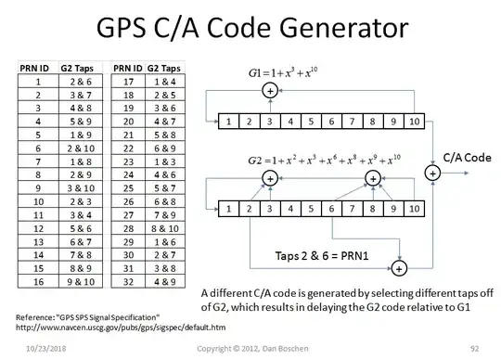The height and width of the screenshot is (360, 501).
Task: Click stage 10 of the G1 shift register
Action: pos(413,121)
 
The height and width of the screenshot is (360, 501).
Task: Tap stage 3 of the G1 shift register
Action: pos(270,121)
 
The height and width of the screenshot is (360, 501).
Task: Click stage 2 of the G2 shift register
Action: pos(250,211)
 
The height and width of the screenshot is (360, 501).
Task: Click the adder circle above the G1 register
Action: pos(270,90)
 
